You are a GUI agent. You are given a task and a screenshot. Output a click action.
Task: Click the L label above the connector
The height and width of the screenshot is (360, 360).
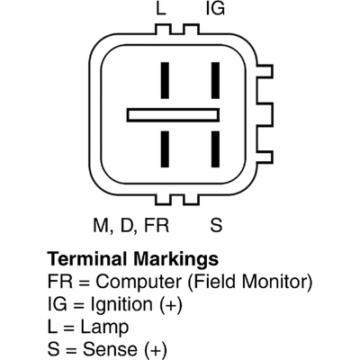161,8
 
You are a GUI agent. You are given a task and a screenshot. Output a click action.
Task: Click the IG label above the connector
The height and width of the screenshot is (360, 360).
215,8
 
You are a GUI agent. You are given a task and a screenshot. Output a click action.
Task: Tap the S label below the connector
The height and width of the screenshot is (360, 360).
216,225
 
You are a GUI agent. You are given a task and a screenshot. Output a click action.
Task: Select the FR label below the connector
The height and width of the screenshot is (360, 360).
157,225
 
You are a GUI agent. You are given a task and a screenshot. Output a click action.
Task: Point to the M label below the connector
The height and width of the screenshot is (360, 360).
102,225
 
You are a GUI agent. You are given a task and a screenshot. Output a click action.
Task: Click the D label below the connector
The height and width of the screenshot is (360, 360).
128,225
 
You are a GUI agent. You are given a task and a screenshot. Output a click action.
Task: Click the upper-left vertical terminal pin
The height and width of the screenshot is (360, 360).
165,80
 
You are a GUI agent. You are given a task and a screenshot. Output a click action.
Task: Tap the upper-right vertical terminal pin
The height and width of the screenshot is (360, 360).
215,80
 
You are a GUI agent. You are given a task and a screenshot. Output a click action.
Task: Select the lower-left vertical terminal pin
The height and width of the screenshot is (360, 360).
165,149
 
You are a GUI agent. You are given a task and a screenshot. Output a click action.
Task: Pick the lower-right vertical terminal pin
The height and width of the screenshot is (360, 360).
215,149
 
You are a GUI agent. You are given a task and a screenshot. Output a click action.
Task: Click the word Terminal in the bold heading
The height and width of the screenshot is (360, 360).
86,258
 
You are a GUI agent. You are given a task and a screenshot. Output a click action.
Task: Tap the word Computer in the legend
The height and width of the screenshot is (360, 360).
139,283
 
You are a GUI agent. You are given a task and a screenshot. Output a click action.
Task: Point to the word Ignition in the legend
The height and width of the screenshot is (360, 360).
121,305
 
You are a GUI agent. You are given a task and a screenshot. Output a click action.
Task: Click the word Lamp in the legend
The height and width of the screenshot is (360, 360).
104,327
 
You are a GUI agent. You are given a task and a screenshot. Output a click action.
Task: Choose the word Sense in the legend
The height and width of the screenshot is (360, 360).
110,349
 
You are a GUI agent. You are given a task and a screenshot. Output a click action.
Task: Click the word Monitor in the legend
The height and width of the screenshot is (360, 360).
277,282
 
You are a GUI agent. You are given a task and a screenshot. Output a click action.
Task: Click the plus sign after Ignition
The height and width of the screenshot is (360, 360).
171,305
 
